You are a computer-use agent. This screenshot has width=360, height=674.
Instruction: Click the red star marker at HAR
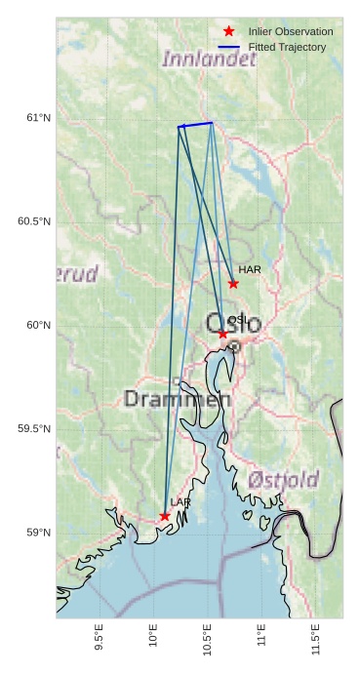pyautogui.click(x=233, y=284)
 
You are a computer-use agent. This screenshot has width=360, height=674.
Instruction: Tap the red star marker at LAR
pyautogui.click(x=165, y=516)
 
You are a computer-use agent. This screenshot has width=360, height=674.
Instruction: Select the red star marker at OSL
pyautogui.click(x=222, y=334)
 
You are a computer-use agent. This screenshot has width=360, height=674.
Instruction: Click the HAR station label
pyautogui.click(x=250, y=269)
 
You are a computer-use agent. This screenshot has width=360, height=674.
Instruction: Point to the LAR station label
pyautogui.click(x=180, y=502)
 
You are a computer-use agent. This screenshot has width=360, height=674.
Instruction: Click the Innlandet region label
pyautogui.click(x=209, y=59)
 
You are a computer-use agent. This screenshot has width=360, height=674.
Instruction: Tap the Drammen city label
pyautogui.click(x=178, y=399)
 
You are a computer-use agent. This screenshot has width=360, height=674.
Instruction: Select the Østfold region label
pyautogui.click(x=283, y=479)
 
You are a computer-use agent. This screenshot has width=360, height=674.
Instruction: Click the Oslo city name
pyautogui.click(x=233, y=323)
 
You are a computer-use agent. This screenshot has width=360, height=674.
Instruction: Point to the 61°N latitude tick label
pyautogui.click(x=37, y=118)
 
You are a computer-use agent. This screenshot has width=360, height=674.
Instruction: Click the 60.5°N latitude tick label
pyautogui.click(x=34, y=221)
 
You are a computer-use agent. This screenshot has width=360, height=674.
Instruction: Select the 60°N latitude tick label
pyautogui.click(x=37, y=325)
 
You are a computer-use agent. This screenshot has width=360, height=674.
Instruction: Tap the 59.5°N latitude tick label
pyautogui.click(x=34, y=429)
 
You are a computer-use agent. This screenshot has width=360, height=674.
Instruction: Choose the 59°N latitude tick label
pyautogui.click(x=37, y=533)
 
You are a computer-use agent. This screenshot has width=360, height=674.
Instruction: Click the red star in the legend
pyautogui.click(x=228, y=31)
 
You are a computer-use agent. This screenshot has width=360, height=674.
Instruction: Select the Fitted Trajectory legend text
pyautogui.click(x=287, y=47)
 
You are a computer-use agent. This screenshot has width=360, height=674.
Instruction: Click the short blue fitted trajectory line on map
pyautogui.click(x=195, y=125)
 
